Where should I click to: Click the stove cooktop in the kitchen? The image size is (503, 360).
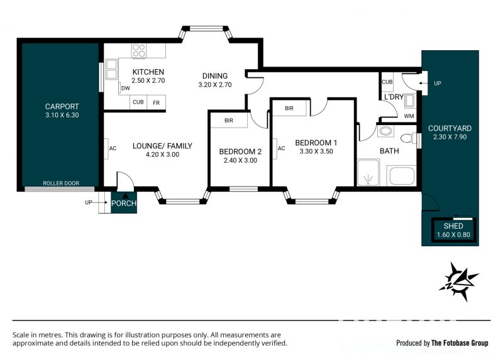139,51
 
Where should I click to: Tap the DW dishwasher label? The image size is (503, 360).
126,88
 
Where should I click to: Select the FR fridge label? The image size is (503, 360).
156,103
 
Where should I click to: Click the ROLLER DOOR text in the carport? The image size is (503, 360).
61,183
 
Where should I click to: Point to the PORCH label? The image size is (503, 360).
124,203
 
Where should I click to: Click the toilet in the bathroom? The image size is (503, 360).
407,138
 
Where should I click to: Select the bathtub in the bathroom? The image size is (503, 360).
402,176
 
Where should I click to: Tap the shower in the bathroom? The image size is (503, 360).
368,173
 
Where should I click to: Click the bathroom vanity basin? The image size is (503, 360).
385,131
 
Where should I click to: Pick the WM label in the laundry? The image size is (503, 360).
409,116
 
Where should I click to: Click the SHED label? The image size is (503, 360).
453,226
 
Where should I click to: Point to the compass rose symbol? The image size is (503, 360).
459,282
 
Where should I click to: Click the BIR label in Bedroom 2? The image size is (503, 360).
229,121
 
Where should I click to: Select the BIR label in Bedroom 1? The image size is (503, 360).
289,108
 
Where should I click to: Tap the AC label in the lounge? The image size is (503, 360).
113,148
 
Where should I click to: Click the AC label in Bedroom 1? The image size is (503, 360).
281,148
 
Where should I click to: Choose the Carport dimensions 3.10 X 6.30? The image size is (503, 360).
62,115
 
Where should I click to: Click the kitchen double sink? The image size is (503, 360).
111,69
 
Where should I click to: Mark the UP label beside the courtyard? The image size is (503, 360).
438,84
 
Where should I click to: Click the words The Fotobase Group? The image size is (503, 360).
460,343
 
